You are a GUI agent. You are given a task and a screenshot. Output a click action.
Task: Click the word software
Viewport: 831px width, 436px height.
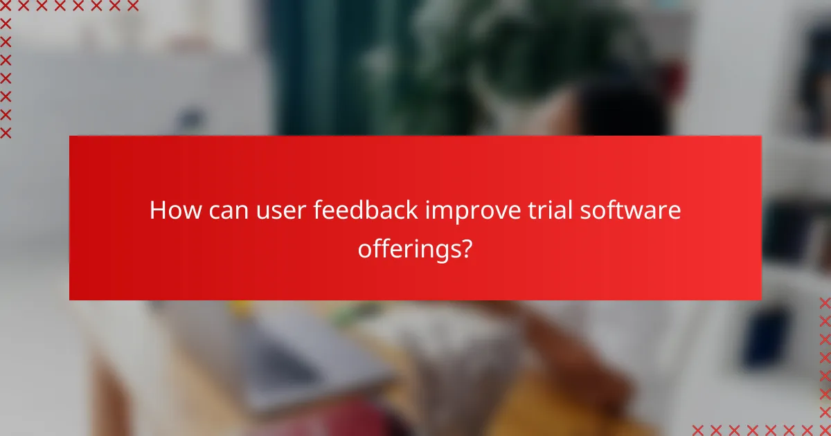(634, 211)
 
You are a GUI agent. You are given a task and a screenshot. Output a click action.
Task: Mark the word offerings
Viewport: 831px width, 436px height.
(408, 248)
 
